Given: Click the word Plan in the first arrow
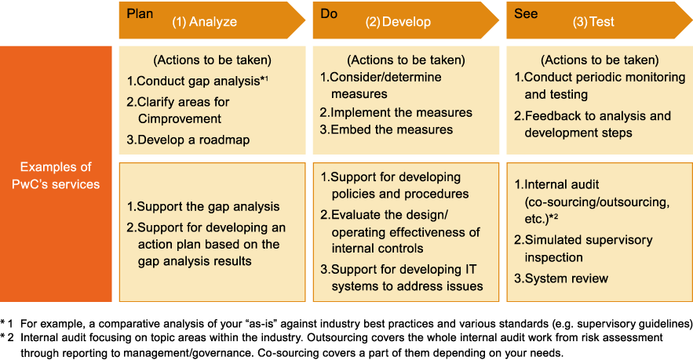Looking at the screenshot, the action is click(140, 13).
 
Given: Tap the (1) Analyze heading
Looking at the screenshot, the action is click(204, 22).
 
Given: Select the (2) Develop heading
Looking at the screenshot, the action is click(398, 22).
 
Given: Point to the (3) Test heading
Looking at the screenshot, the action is click(593, 22).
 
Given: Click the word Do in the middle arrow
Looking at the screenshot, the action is click(329, 13).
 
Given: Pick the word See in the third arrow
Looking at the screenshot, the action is click(526, 13).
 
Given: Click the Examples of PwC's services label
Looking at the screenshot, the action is click(56, 176).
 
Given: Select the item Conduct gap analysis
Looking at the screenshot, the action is click(197, 81).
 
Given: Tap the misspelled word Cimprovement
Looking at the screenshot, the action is click(180, 118).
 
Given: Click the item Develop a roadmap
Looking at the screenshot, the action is click(188, 140).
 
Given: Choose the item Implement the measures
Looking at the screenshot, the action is click(396, 113).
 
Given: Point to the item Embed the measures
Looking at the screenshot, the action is click(386, 129).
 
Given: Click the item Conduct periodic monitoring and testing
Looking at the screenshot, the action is click(600, 85).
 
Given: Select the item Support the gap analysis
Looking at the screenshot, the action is click(202, 207).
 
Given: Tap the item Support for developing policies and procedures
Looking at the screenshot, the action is click(394, 186).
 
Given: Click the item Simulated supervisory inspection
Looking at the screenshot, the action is click(583, 249).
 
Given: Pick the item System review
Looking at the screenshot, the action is click(561, 278).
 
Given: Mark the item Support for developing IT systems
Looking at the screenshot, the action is click(401, 278).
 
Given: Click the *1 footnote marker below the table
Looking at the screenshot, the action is click(6, 324).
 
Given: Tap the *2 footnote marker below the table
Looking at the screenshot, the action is click(6, 338).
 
